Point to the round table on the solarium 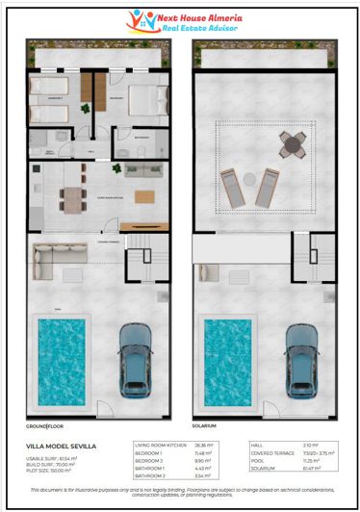(293, 145)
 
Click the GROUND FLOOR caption (47, 425)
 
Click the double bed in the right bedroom (137, 99)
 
